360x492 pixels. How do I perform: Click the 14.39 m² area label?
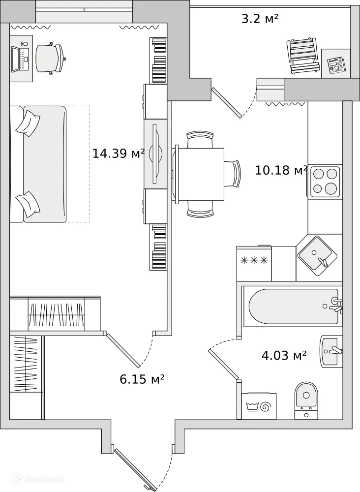pyautogui.click(x=118, y=154)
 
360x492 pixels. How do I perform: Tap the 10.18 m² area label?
pyautogui.click(x=281, y=170)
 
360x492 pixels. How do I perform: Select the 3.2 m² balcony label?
pyautogui.click(x=260, y=19)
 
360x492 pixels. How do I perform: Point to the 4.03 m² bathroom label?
pyautogui.click(x=284, y=356)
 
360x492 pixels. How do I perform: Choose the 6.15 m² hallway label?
pyautogui.click(x=142, y=379)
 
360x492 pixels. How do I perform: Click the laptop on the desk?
pyautogui.click(x=20, y=59)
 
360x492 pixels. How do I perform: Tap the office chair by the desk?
pyautogui.click(x=51, y=59)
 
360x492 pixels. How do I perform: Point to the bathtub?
pyautogui.click(x=294, y=306)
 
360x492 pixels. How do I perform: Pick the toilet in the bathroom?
pyautogui.click(x=306, y=400)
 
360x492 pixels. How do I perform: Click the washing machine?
pyautogui.click(x=259, y=406)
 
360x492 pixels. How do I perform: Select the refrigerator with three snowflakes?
pyautogui.click(x=254, y=263)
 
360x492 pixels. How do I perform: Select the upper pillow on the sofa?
pyautogui.click(x=28, y=123)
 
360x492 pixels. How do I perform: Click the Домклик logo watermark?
pyautogui.click(x=36, y=479)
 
